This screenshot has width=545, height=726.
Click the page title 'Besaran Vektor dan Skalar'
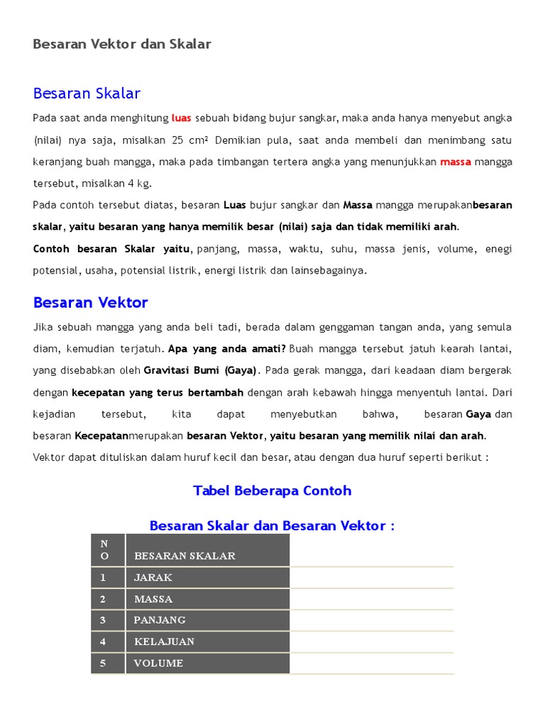pos(122,44)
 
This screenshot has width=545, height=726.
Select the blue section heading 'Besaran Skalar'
pos(87,94)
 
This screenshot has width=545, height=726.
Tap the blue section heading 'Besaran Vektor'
pos(90,303)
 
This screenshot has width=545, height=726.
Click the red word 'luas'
pos(182,118)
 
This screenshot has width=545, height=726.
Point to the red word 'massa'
pos(456,162)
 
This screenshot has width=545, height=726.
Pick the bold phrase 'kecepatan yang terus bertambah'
pos(158,392)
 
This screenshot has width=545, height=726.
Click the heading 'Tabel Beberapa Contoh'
pos(272,491)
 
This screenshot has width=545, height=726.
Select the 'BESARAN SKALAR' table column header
pos(185,556)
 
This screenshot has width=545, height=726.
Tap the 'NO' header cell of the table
pos(104,550)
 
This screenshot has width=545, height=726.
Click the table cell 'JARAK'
pos(153,577)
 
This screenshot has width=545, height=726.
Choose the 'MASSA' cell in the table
pos(153,599)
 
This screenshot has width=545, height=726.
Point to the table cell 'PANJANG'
pos(160,620)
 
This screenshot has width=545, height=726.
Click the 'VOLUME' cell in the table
pos(158,664)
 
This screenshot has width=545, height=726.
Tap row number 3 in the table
pos(103,620)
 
